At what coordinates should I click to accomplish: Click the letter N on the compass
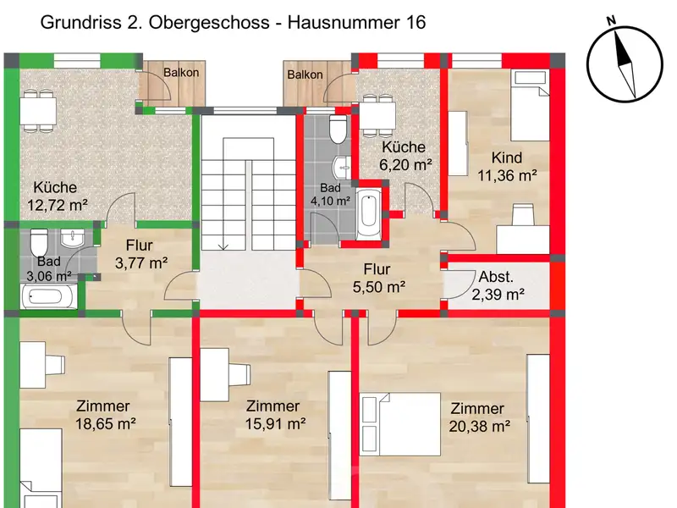pos(610,20)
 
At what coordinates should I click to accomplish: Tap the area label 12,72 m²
pos(58,205)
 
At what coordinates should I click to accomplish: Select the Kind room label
pos(506,157)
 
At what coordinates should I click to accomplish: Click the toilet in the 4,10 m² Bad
pos(338,130)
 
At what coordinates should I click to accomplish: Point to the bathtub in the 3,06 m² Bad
pos(49,296)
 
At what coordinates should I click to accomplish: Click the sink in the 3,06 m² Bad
pos(73,238)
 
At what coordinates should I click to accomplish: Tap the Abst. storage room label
pos(496,277)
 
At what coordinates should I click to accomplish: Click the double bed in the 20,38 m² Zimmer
pos(400,424)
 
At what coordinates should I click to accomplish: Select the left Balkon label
pos(181,73)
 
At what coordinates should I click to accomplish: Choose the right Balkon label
pos(305,75)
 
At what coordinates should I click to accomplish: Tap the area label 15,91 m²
pos(276,424)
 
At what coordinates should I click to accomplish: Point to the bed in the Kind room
pos(530,105)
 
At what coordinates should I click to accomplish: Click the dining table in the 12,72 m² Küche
pos(38,111)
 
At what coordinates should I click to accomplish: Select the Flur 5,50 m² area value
pos(378,287)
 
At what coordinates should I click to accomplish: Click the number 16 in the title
pos(416,23)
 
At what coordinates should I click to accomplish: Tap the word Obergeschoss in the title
pos(210,23)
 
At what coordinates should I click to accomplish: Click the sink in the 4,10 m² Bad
pos(343,167)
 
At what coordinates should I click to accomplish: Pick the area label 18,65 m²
pos(106,424)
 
